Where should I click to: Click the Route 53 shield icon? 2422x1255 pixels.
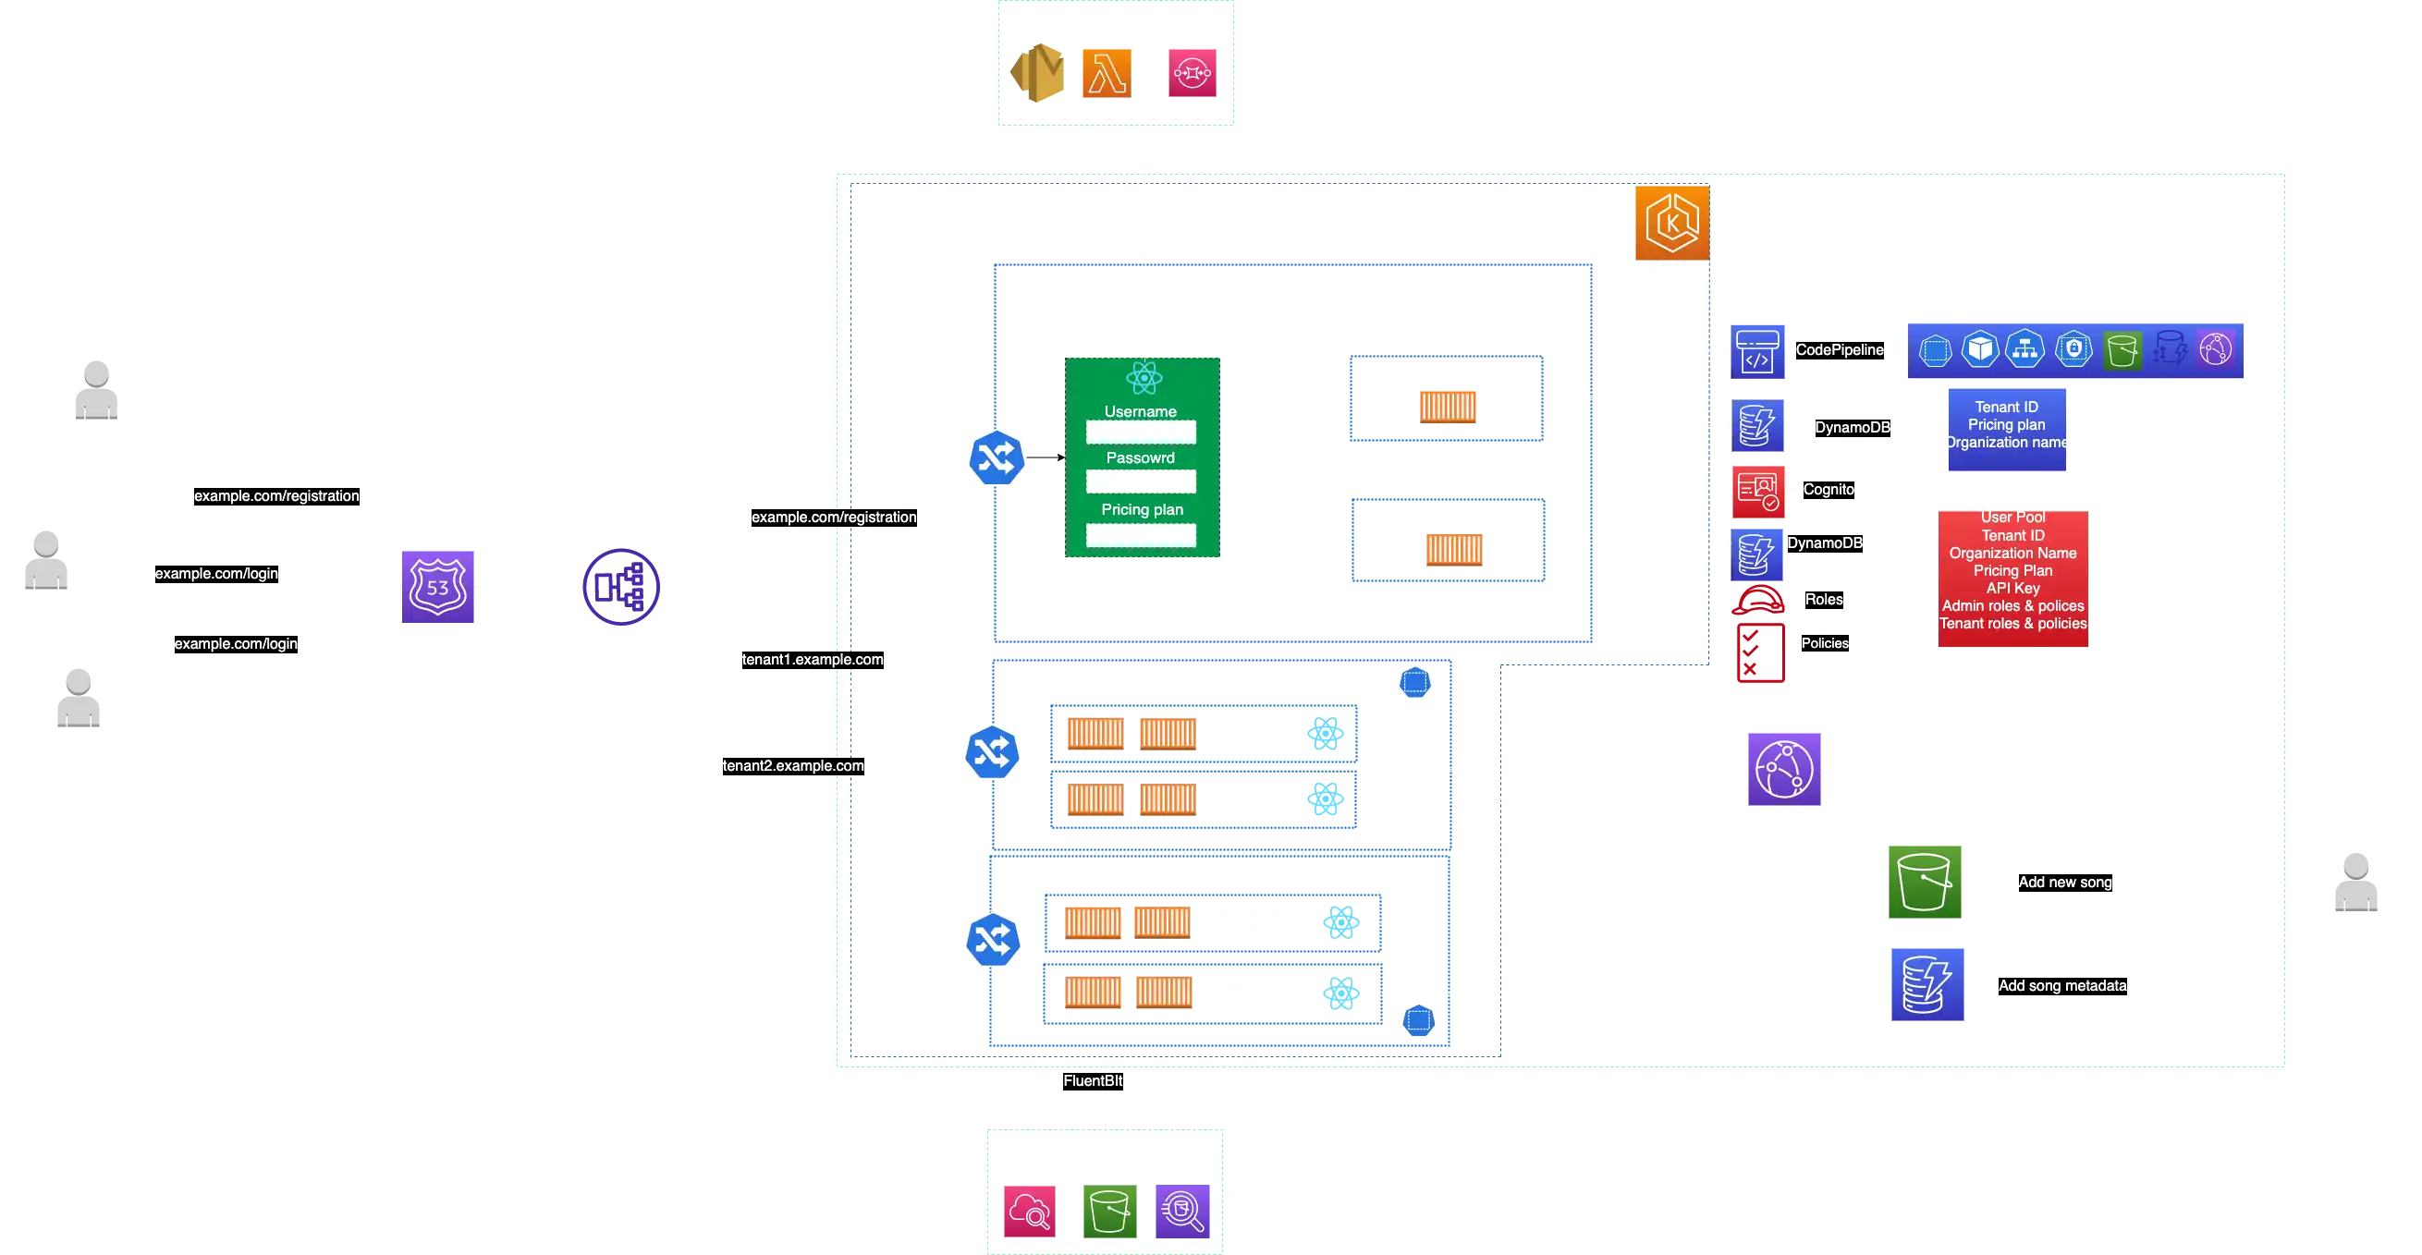[x=439, y=587]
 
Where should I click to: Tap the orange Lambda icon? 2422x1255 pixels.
[x=1105, y=73]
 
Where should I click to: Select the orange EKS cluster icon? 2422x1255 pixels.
[x=1671, y=223]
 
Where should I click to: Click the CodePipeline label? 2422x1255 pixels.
[x=1839, y=349]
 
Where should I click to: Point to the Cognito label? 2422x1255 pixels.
[x=1828, y=490]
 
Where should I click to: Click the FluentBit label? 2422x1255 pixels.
[x=1093, y=1081]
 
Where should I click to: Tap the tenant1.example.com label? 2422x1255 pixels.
[x=813, y=660]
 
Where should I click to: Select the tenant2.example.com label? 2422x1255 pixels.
[x=792, y=766]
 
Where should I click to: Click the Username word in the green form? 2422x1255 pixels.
[x=1140, y=412]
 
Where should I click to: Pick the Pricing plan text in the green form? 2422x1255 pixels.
[x=1142, y=509]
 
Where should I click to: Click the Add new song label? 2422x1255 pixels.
[x=2065, y=883]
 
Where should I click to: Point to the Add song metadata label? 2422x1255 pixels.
[x=2061, y=986]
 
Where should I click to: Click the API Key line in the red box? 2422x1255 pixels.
[x=2012, y=589]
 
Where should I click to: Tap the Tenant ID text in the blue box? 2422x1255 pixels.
[x=2005, y=407]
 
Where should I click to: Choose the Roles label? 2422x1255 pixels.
[x=1823, y=600]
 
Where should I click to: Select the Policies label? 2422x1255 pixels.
[x=1824, y=644]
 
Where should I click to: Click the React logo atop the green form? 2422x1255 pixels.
[x=1144, y=379]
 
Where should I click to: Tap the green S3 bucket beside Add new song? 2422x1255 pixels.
[x=1925, y=883]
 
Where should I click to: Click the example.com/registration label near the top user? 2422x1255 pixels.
[x=276, y=496]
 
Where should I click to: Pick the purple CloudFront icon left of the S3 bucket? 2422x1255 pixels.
[x=1784, y=770]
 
